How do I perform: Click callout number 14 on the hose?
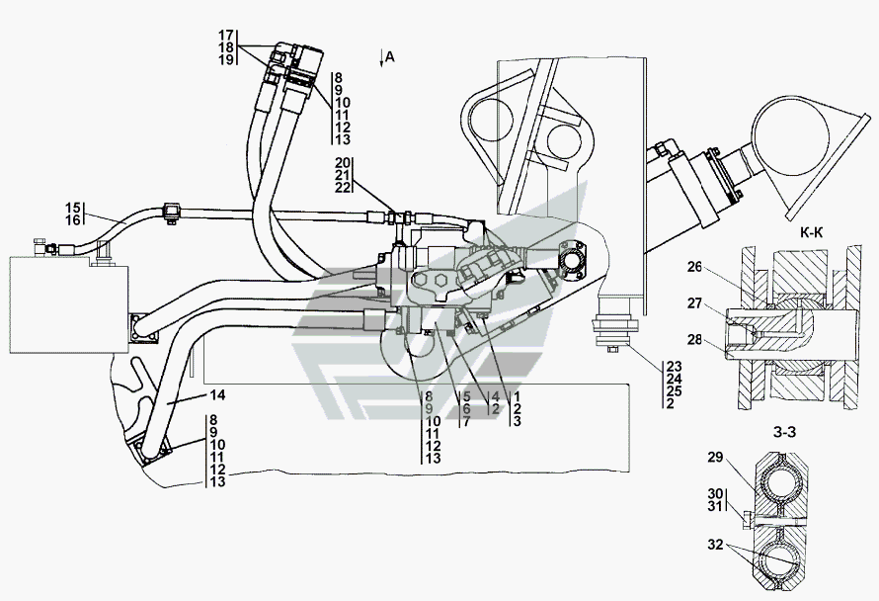(218, 395)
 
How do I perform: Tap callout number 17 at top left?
(226, 35)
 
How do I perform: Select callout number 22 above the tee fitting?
(343, 188)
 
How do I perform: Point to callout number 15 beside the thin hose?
(73, 208)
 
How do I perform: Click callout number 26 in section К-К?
(694, 267)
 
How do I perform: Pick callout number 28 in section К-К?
(694, 339)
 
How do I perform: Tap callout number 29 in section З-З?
(715, 458)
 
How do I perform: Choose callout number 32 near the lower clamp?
(715, 544)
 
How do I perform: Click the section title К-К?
(811, 232)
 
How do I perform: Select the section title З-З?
(784, 432)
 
